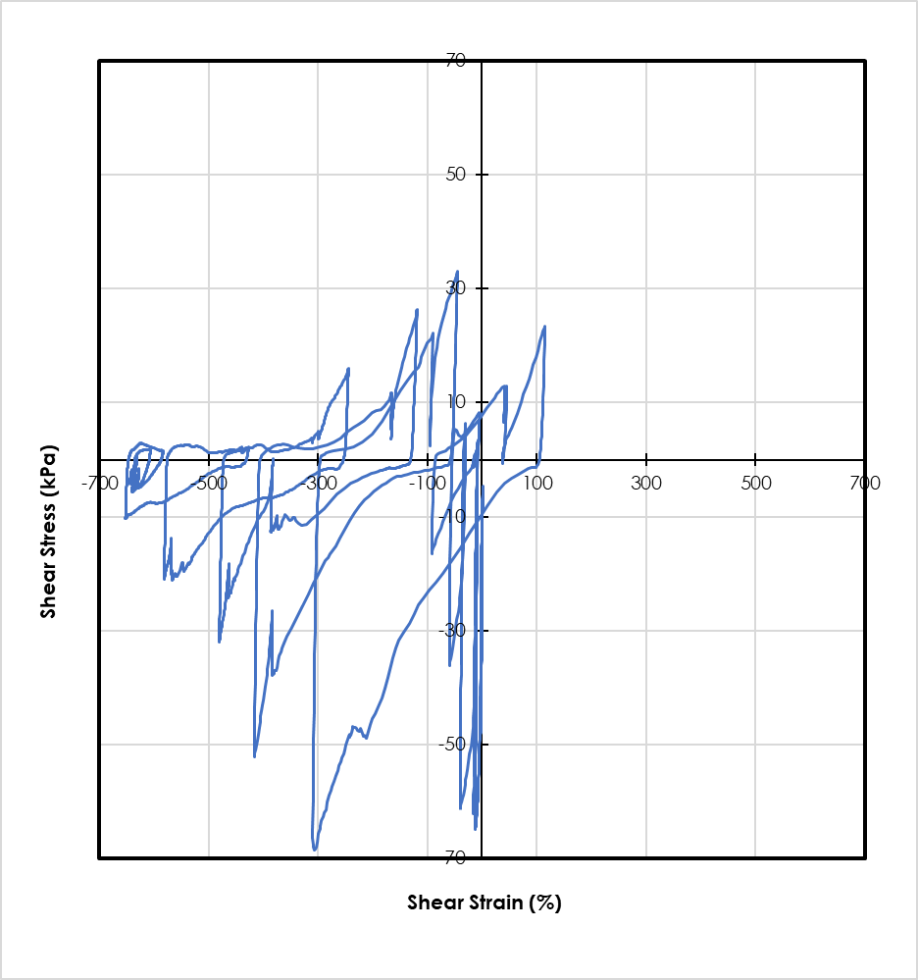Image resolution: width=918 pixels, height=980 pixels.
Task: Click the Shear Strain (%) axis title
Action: click(484, 903)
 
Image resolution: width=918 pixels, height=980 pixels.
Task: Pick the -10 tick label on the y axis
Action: click(450, 517)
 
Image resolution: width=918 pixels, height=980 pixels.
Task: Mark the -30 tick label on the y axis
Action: click(450, 631)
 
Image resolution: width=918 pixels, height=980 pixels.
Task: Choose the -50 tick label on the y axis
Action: click(450, 745)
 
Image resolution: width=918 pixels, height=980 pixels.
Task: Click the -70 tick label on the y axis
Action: click(450, 857)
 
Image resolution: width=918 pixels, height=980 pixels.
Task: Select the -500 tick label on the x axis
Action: click(208, 484)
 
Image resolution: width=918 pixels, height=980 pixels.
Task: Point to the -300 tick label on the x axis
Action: click(317, 484)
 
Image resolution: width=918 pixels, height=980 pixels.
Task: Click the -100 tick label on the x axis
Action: click(426, 484)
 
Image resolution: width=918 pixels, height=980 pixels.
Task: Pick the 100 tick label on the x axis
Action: click(536, 484)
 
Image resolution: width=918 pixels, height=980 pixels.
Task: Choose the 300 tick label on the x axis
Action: click(645, 484)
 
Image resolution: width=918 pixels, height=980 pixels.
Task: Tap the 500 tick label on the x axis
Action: click(755, 484)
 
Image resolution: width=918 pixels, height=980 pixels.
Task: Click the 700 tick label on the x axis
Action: click(864, 484)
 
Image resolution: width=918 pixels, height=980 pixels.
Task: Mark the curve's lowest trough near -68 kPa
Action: click(315, 849)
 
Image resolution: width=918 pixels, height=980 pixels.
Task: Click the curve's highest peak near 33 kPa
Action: click(457, 272)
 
